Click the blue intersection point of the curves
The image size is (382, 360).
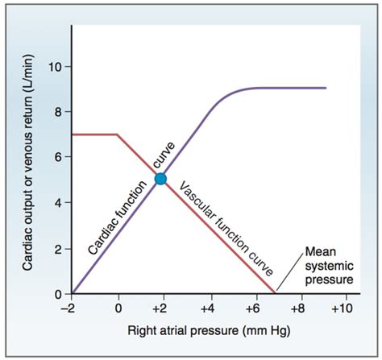click(160, 179)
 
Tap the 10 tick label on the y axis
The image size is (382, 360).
click(57, 65)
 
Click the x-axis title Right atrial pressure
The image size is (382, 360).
click(208, 331)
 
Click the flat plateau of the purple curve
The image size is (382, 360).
click(290, 88)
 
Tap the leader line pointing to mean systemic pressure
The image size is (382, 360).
click(289, 271)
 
